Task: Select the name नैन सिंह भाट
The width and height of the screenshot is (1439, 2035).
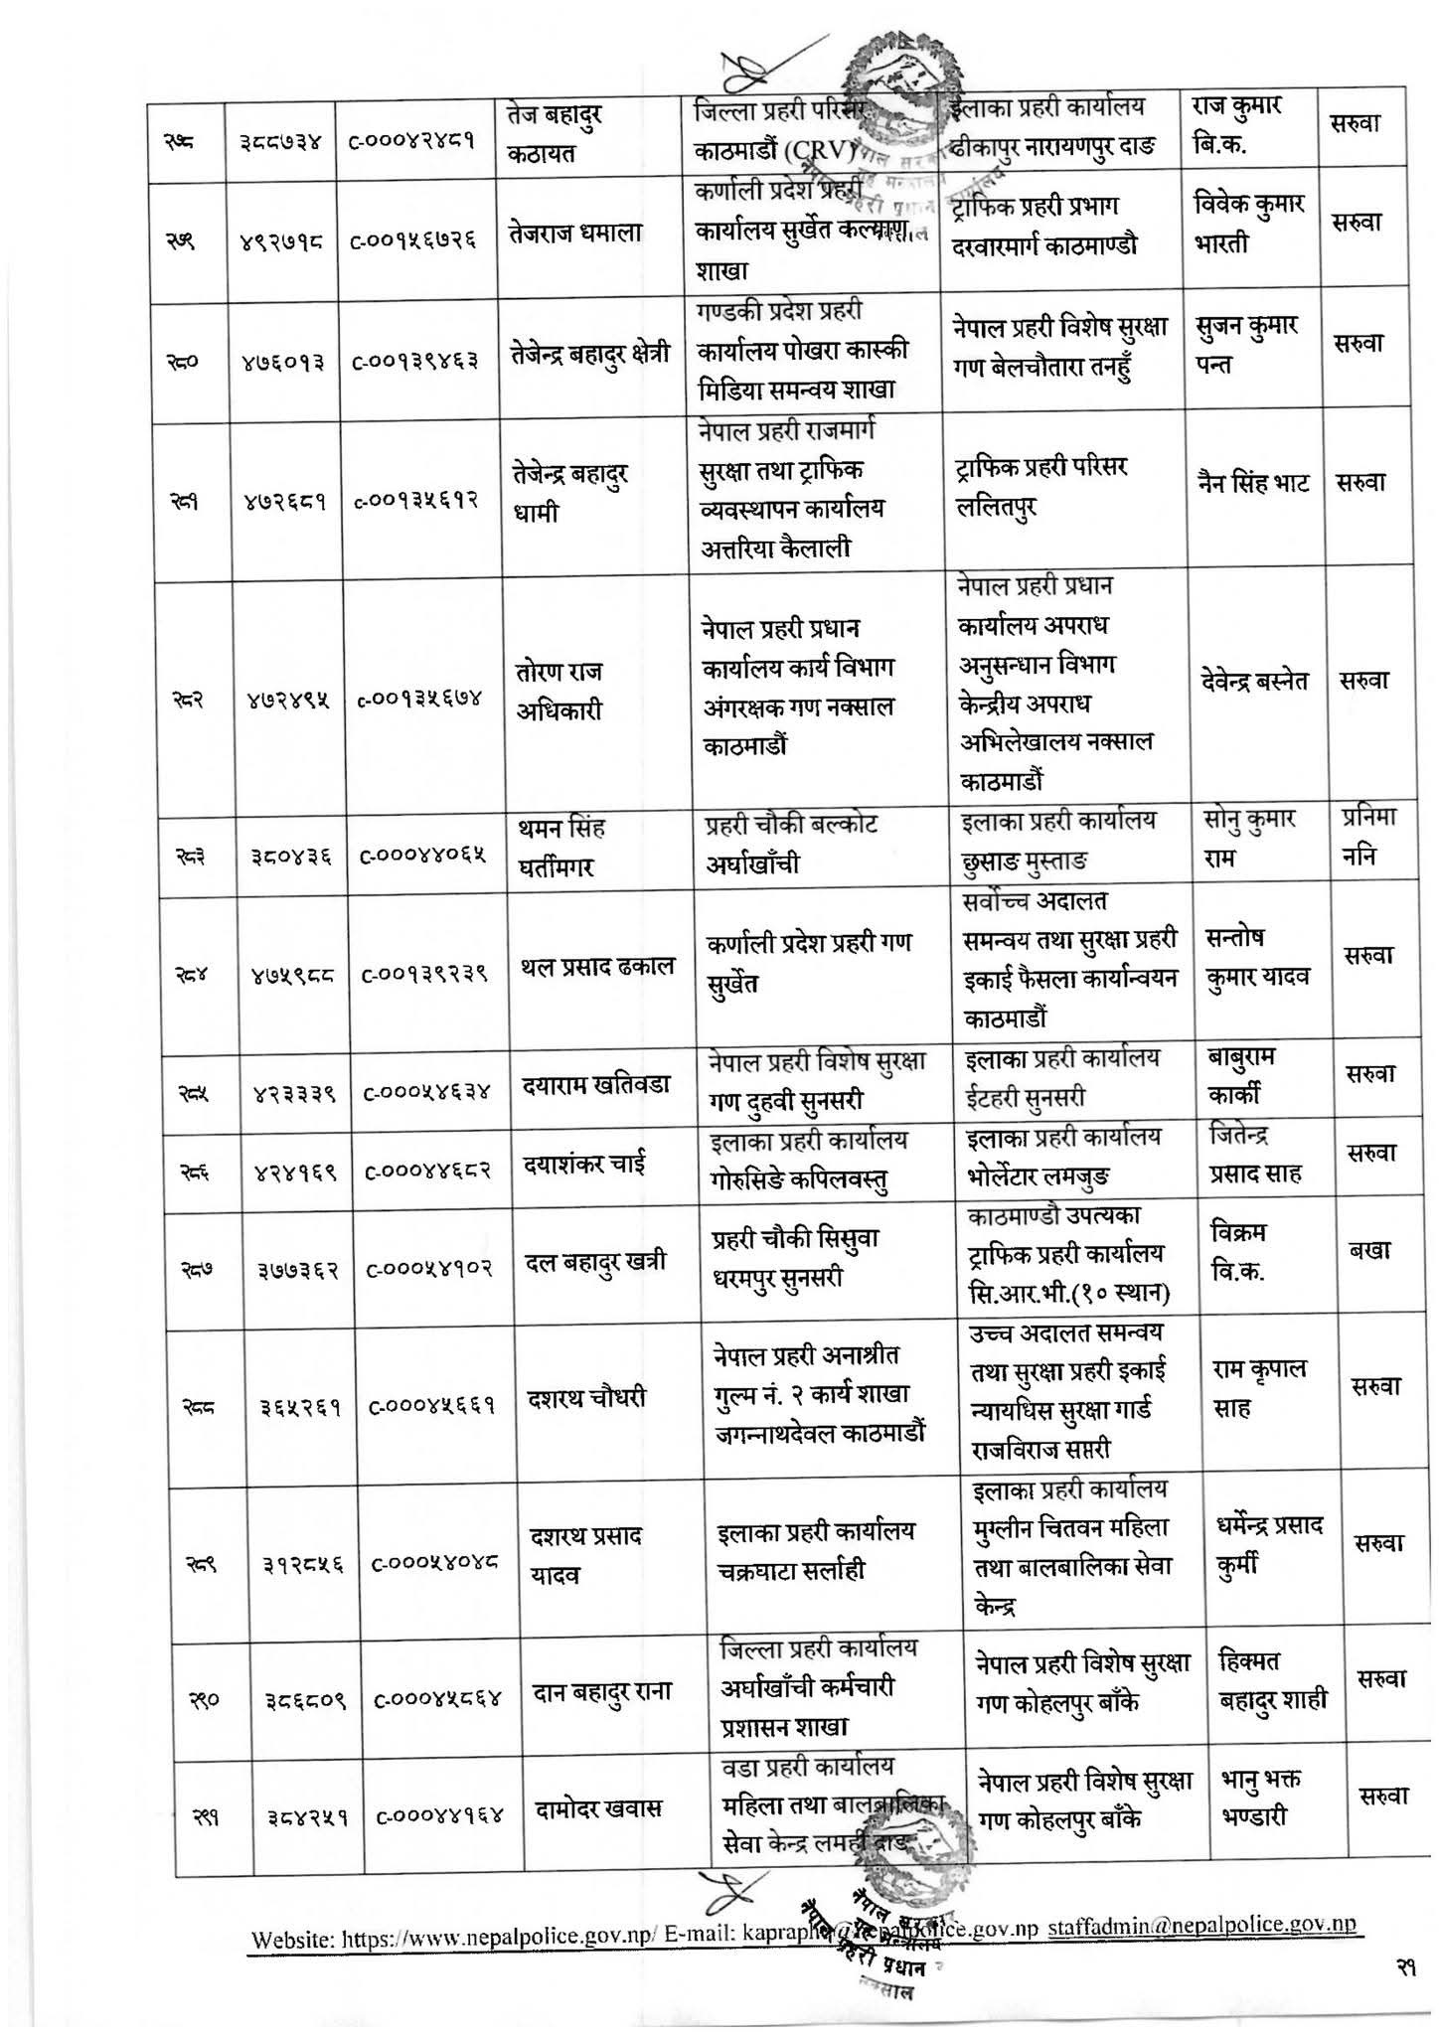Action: click(1253, 484)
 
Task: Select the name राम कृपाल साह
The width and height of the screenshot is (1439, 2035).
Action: click(1259, 1388)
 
